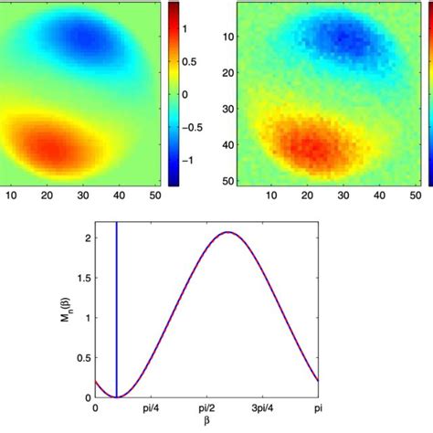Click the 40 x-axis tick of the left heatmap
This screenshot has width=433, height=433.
pyautogui.click(x=119, y=195)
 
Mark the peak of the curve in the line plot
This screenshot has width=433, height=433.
pyautogui.click(x=228, y=232)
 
